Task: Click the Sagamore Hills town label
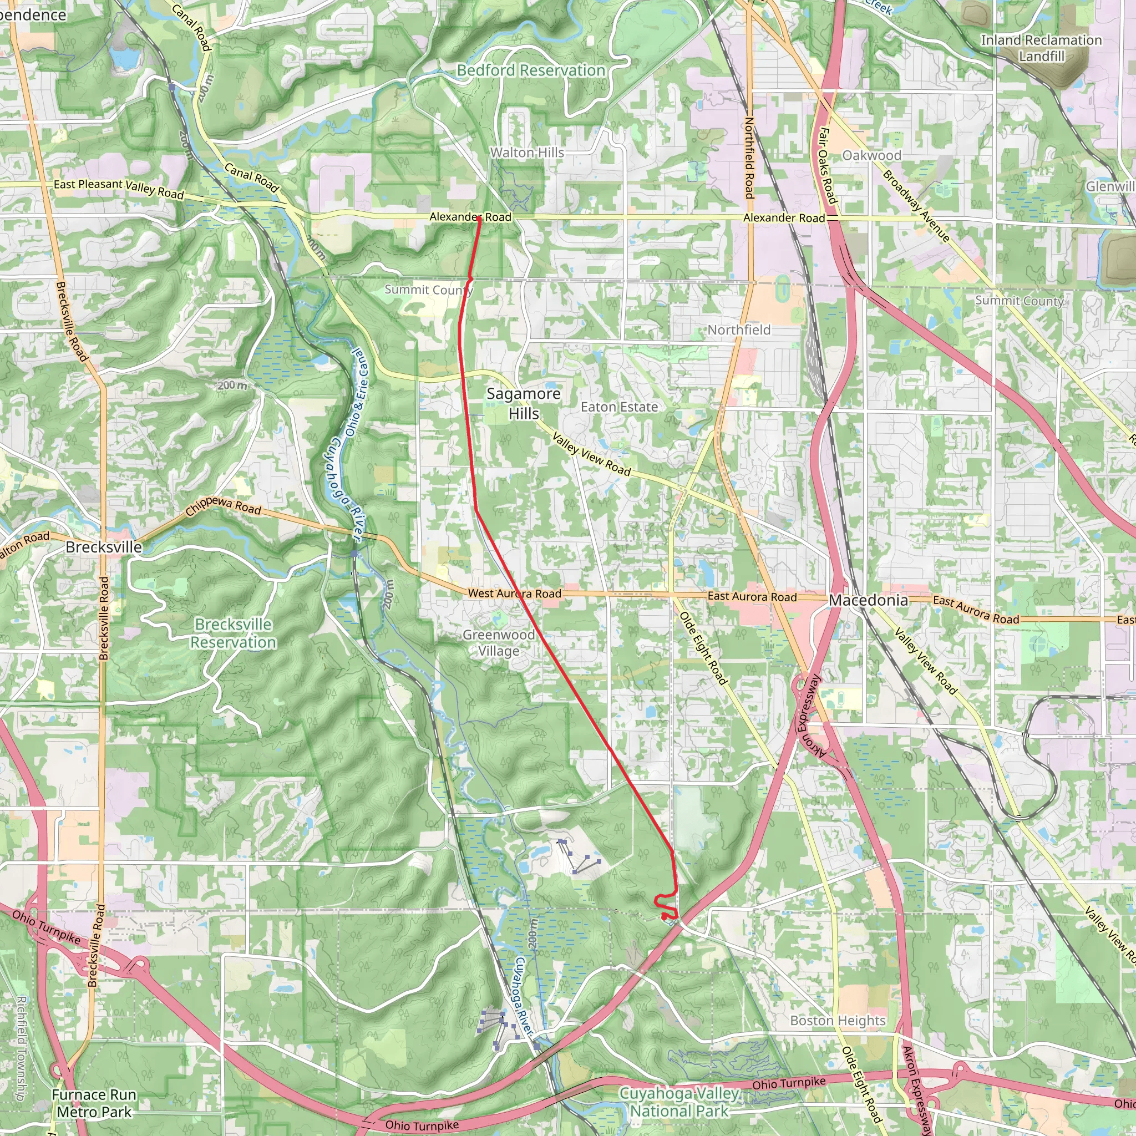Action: [523, 403]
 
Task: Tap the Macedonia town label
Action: [868, 600]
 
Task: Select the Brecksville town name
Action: [104, 547]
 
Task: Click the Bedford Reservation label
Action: [531, 70]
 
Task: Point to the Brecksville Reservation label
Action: [234, 633]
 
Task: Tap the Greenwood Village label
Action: [499, 643]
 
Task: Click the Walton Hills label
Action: [527, 153]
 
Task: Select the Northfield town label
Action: [738, 330]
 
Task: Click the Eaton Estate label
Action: [619, 407]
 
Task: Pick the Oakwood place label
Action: [871, 155]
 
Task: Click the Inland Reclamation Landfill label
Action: [1041, 48]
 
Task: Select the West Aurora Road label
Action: [515, 594]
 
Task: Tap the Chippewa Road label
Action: [224, 506]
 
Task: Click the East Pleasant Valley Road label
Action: [119, 188]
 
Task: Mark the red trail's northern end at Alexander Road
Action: [479, 219]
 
